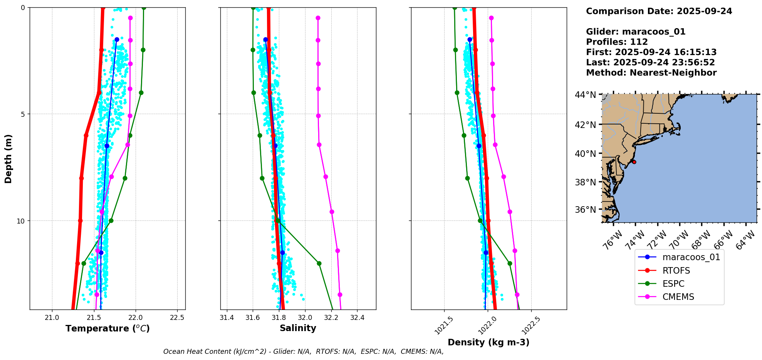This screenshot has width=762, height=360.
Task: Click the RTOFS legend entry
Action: coord(676,271)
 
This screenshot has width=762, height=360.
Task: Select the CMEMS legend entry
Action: coord(678,297)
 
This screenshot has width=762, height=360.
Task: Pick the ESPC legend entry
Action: coord(673,284)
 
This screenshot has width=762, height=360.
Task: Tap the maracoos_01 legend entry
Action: coord(691,257)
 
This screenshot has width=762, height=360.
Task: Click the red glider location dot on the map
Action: coord(634,162)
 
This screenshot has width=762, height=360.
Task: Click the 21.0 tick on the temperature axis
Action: coord(52,318)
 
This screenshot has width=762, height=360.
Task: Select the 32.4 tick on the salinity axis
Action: coord(357,318)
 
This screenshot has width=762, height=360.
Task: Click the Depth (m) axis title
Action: coord(8,158)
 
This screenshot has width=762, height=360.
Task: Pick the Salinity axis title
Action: coord(298,328)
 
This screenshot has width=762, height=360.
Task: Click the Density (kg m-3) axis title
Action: coord(488,342)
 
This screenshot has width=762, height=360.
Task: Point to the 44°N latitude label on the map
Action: coord(585,95)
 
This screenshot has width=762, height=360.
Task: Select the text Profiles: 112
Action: coord(617,42)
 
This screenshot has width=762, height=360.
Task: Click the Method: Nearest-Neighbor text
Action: coord(651,73)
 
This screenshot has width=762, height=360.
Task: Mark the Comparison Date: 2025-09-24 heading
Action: coord(659,11)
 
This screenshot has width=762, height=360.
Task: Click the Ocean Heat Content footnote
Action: coord(303,352)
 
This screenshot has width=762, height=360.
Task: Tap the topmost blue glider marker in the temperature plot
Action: coord(117,39)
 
